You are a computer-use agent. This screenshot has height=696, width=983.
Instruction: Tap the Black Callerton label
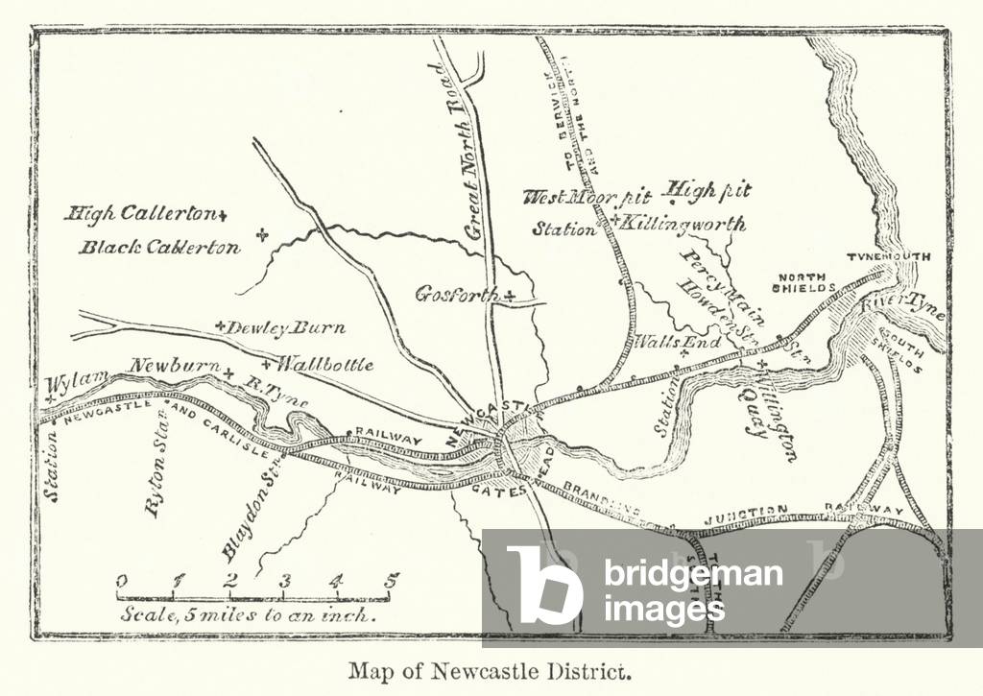(x=159, y=248)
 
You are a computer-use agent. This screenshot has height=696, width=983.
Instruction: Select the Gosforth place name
(x=457, y=295)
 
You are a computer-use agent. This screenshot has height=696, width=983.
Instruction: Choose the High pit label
(x=708, y=190)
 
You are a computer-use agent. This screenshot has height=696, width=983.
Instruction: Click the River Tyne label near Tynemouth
(x=902, y=305)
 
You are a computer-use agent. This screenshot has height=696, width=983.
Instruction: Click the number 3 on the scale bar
(x=285, y=581)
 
